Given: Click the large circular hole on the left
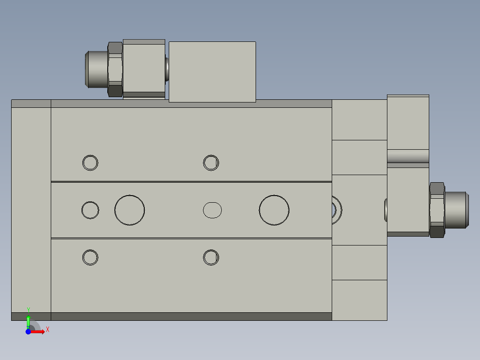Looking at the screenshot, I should tap(130, 210).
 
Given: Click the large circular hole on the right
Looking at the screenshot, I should tap(274, 210).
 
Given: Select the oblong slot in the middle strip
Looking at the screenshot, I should tap(212, 210).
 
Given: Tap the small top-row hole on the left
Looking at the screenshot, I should tap(90, 163).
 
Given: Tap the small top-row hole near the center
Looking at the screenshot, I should tap(211, 163).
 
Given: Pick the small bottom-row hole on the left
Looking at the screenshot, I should tap(90, 258).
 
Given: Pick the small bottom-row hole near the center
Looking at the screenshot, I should tap(211, 258).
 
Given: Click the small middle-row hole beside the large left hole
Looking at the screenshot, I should tap(90, 210).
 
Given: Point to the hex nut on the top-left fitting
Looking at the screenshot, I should tap(115, 69).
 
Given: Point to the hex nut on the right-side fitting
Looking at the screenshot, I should tap(437, 210).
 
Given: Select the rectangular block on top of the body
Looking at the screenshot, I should tap(212, 72).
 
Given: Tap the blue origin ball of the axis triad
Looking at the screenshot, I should tap(28, 332).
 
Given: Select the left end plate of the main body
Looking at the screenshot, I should tap(31, 210).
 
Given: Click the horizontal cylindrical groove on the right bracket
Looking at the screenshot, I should tap(408, 156).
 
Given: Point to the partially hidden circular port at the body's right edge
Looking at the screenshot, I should tap(337, 209).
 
